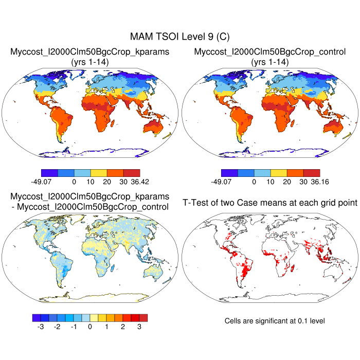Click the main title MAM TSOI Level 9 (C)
tap(179, 37)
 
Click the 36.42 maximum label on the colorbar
tap(132, 182)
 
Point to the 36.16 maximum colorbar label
tap(312, 182)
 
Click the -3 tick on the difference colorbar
tap(41, 327)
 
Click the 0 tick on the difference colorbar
tap(90, 327)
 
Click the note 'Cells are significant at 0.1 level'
tap(275, 321)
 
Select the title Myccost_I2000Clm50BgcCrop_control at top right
tap(269, 52)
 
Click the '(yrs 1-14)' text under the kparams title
tap(89, 62)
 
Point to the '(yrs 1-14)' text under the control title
tap(269, 62)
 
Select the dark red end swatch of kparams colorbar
tap(132, 173)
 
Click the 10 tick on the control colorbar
tap(271, 182)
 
